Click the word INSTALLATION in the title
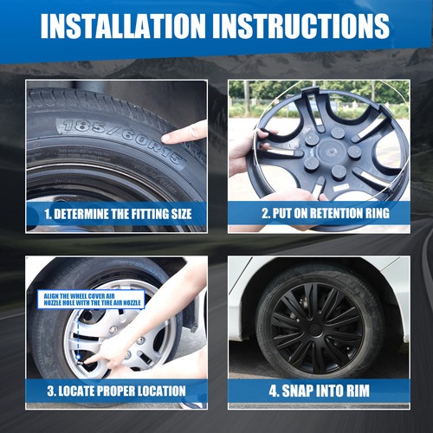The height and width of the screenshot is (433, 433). (123, 26)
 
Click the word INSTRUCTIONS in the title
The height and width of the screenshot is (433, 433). (305, 26)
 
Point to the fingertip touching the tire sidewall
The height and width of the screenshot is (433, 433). (165, 138)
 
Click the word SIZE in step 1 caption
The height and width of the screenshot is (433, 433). (181, 214)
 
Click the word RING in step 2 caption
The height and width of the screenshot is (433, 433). (374, 213)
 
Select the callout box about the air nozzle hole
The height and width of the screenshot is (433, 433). (91, 300)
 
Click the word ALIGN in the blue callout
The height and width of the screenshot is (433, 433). (51, 296)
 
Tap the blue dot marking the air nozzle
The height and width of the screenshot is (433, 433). (78, 358)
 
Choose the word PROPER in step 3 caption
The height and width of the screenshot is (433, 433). (116, 391)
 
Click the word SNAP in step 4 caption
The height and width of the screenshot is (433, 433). (297, 391)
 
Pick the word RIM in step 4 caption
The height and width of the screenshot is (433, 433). (359, 391)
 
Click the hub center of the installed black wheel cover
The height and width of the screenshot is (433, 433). (315, 329)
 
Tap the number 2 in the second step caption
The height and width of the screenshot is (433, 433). (266, 213)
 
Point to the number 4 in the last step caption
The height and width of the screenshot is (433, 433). (273, 391)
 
